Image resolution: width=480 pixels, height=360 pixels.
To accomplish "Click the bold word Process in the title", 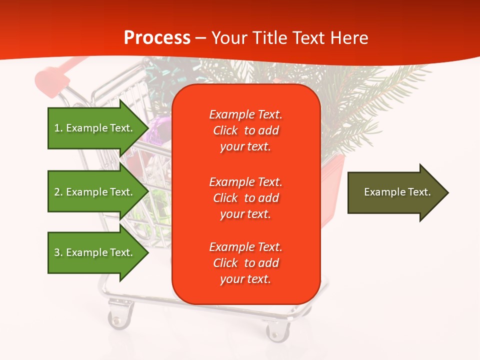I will [157, 37].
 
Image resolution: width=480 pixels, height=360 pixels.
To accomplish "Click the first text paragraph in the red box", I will [245, 130].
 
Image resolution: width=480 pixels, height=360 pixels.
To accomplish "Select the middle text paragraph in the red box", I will [245, 198].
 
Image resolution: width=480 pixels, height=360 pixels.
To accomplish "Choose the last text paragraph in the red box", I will [245, 263].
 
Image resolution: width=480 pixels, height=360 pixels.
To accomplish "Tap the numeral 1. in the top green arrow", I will [58, 128].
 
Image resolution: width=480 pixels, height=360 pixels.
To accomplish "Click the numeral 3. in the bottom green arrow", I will [58, 252].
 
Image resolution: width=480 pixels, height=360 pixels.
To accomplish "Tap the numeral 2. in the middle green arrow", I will [58, 192].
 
